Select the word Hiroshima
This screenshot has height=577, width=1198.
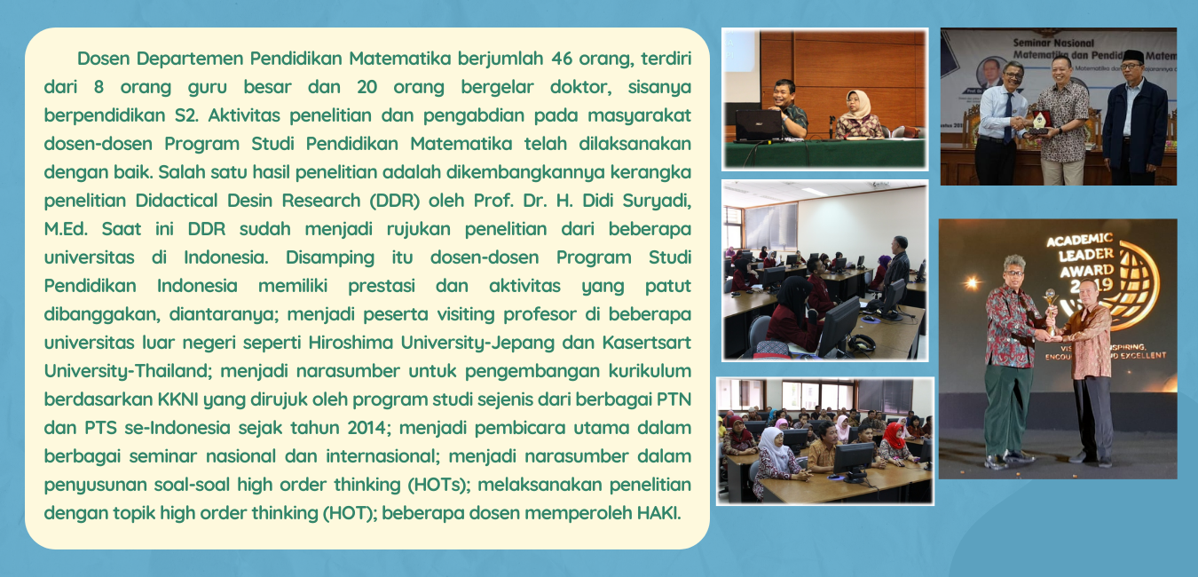click(351, 343)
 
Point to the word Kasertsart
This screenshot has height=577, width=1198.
click(647, 343)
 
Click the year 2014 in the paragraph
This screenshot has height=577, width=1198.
click(366, 428)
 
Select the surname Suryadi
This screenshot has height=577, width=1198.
click(655, 201)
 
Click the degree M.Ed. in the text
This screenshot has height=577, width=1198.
click(66, 229)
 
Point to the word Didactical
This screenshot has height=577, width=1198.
click(176, 201)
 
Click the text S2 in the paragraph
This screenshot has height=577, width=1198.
click(186, 115)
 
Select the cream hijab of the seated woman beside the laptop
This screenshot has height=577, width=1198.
click(857, 104)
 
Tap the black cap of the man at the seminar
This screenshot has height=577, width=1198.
click(1132, 57)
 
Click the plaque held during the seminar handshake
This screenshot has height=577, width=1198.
click(1039, 121)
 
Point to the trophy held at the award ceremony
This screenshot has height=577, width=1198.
click(1051, 311)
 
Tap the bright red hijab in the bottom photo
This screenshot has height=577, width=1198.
click(893, 435)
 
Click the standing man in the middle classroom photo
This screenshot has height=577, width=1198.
click(897, 272)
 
